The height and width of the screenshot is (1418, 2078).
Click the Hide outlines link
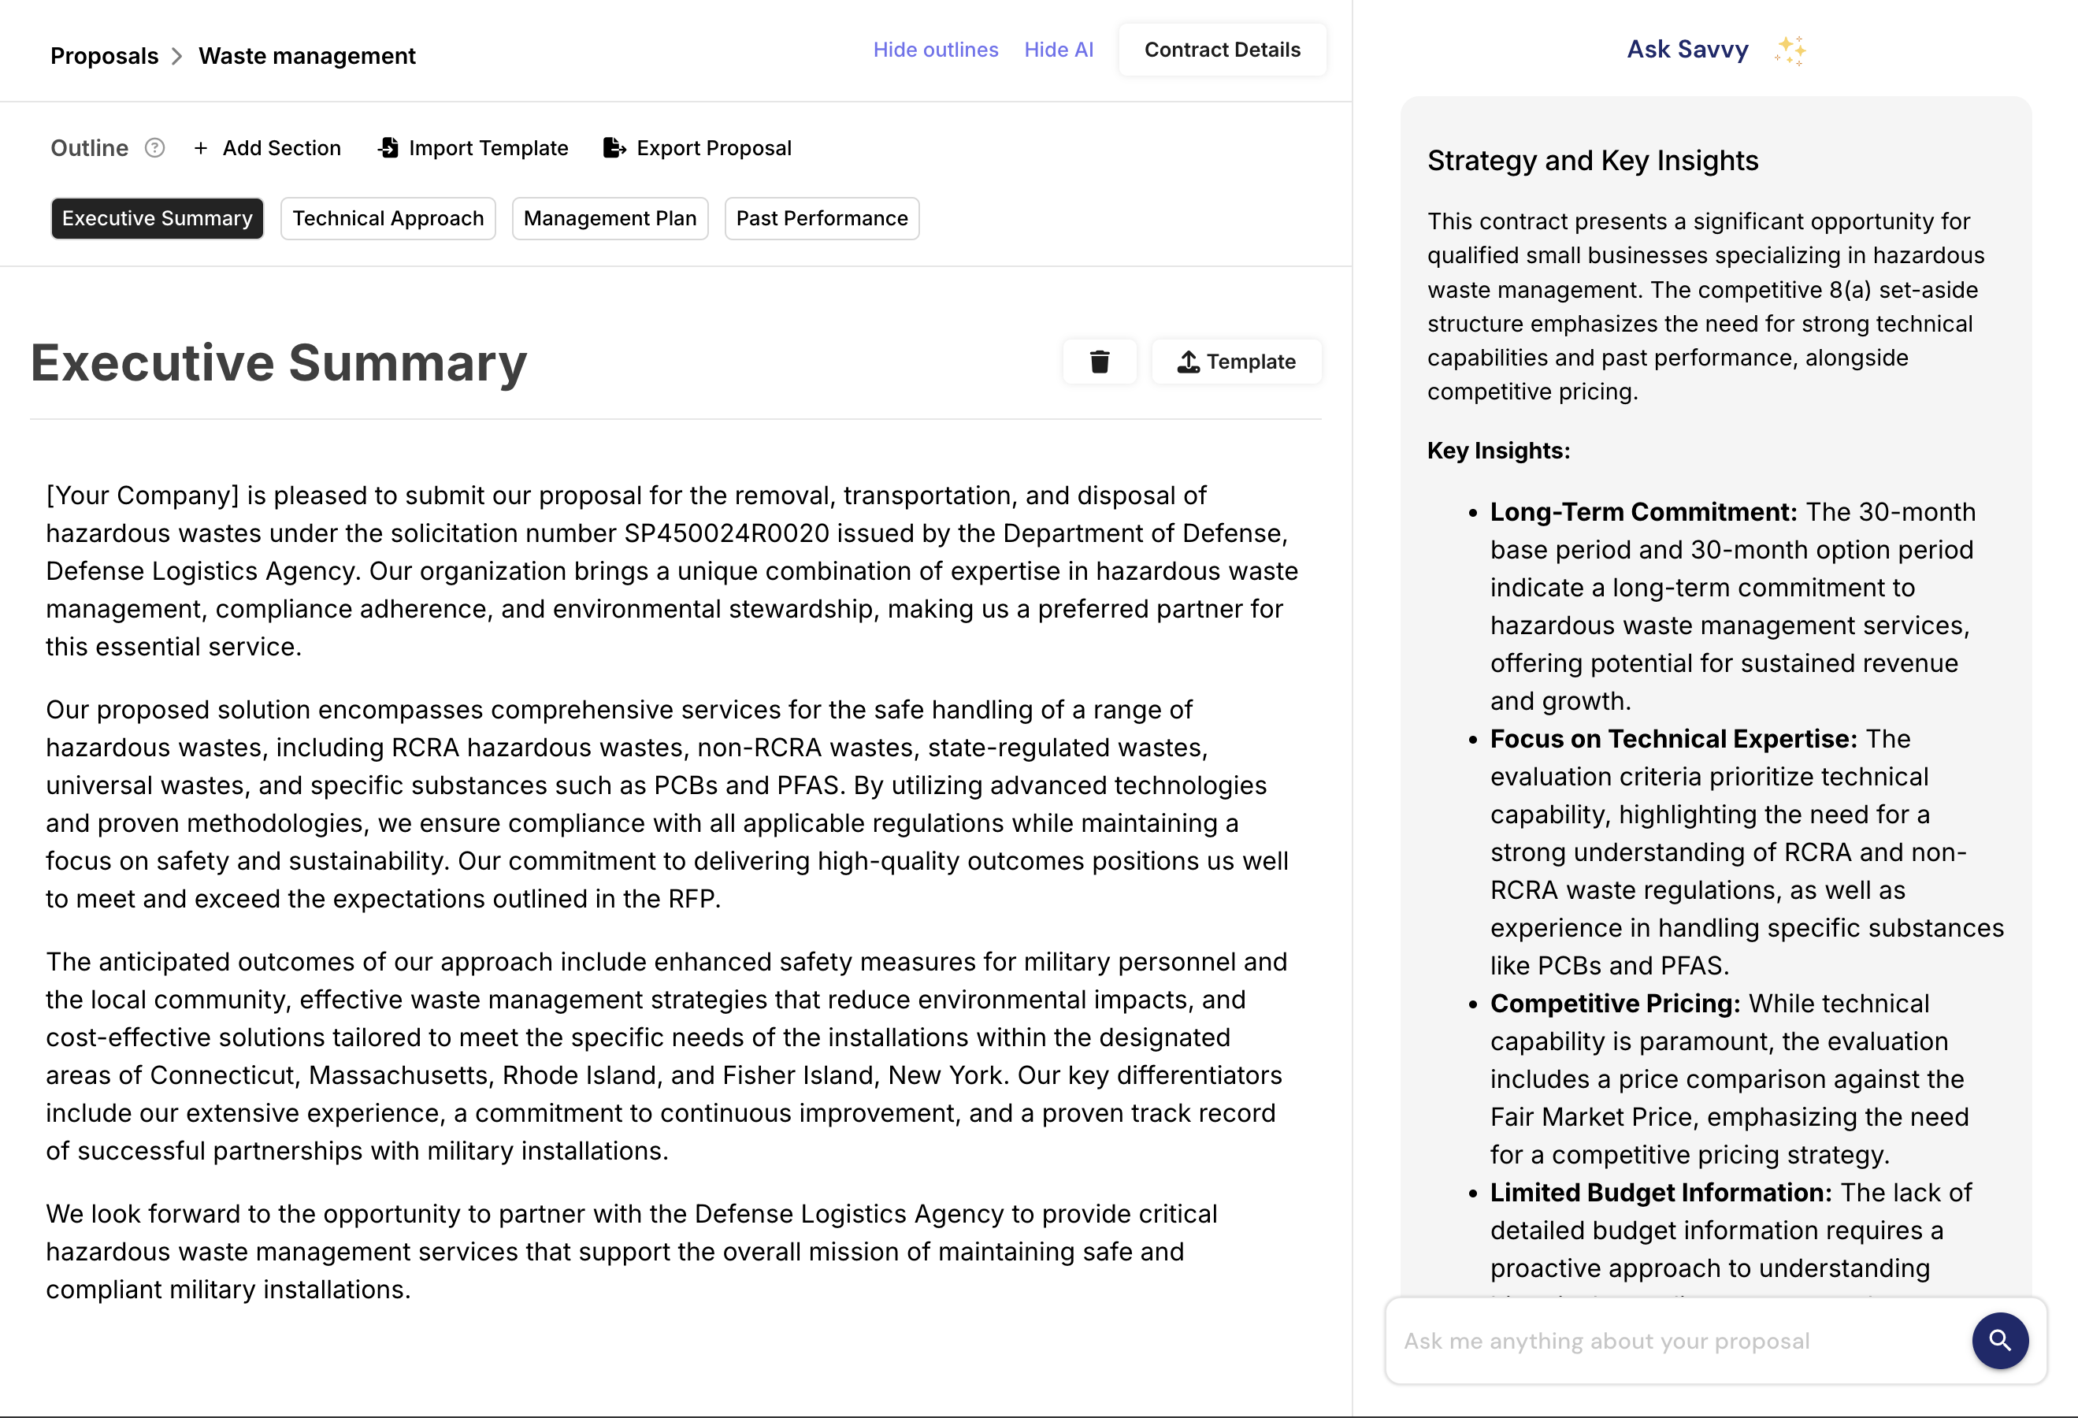click(935, 50)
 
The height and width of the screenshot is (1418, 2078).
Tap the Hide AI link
click(1059, 50)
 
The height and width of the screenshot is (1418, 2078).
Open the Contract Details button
click(1222, 50)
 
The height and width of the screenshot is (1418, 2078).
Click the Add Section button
click(267, 148)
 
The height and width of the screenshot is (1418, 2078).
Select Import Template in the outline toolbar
click(474, 148)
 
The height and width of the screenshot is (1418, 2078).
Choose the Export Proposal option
click(699, 148)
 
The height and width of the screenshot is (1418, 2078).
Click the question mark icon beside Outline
click(154, 148)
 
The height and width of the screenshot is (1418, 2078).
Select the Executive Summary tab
click(158, 219)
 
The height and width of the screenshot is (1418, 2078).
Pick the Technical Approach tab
click(388, 219)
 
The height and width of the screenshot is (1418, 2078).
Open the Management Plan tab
click(610, 219)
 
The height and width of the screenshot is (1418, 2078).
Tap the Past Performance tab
click(822, 219)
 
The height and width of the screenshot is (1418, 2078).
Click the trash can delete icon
click(1100, 362)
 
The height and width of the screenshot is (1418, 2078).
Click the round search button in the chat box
click(1999, 1341)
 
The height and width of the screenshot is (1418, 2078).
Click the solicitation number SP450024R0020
click(726, 534)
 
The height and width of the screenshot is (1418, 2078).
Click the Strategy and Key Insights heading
click(1593, 161)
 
